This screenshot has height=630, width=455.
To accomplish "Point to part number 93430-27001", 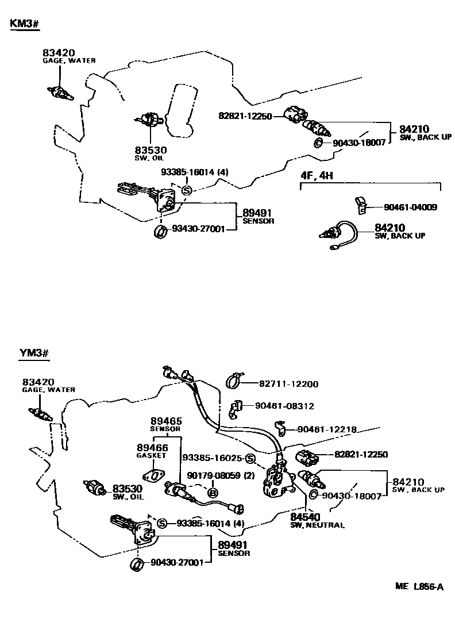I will coord(199,229).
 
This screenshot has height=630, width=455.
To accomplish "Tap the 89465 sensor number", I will coord(165,421).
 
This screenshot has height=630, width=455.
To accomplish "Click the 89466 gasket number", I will coord(152,447).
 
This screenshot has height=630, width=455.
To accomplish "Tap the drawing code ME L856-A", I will coord(419,586).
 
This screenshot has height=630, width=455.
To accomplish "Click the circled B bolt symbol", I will coord(212,493).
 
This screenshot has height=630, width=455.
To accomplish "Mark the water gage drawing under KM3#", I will coord(59,92).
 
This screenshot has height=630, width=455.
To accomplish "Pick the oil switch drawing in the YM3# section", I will coord(94,487).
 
